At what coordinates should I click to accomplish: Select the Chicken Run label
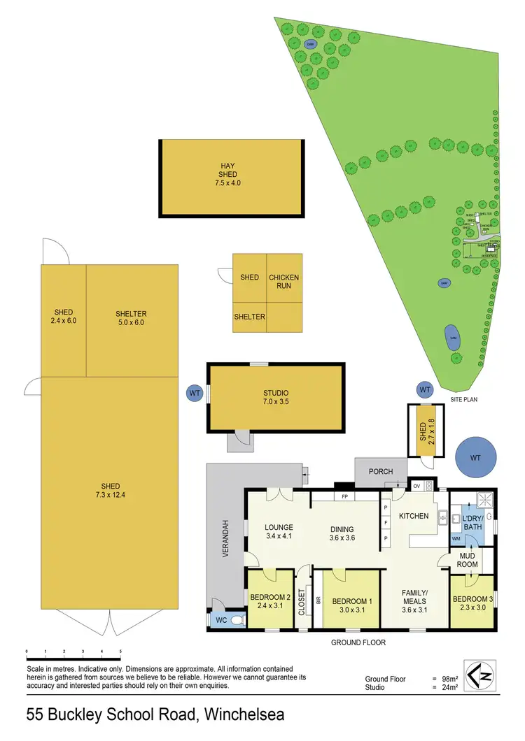[283, 282]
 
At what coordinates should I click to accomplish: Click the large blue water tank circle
[475, 458]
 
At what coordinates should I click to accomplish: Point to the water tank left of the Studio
[195, 394]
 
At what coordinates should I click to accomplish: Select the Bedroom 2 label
[270, 601]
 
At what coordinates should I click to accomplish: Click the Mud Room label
[468, 561]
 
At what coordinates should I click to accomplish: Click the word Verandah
[226, 538]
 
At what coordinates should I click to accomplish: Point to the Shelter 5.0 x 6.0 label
[131, 317]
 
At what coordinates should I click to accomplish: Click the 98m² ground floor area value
[449, 679]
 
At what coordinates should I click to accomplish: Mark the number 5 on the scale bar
[120, 652]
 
